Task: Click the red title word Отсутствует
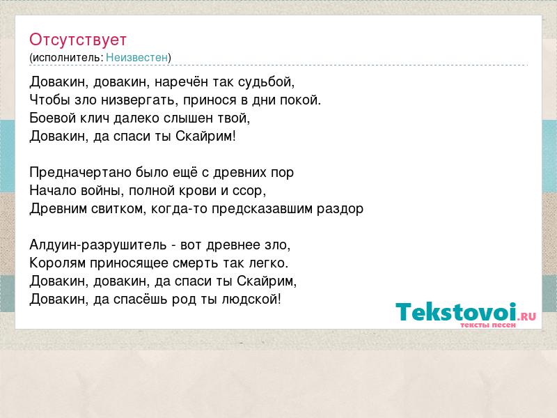pos(78,40)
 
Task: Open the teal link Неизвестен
pos(136,57)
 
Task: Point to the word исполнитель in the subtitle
pos(68,57)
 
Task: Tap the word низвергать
pos(139,100)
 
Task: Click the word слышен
pos(188,118)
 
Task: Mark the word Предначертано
pos(80,173)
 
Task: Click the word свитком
pos(118,208)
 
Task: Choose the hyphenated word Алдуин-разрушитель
pos(98,245)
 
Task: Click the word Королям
pos(58,263)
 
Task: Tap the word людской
pos(251,300)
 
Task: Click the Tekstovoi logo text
pos(466,313)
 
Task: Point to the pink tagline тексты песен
pos(488,325)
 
